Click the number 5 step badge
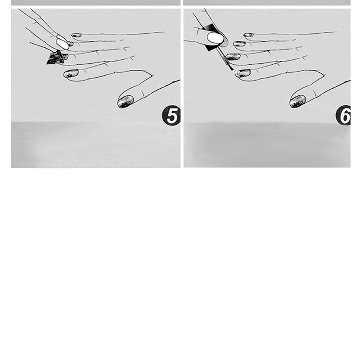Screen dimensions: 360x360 (171, 115)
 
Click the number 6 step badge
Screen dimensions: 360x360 (343, 115)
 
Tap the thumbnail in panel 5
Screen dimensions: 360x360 (126, 102)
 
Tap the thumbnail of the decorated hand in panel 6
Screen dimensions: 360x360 (297, 101)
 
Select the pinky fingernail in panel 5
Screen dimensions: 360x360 (76, 36)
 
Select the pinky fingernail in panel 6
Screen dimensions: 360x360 (249, 35)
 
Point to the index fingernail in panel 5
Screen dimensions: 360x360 (71, 73)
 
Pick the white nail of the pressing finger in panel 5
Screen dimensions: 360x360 (63, 44)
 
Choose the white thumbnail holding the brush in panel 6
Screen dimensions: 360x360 (215, 38)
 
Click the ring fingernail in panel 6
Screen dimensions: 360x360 (239, 44)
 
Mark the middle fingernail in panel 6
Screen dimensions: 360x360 (233, 57)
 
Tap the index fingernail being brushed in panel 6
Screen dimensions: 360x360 (243, 73)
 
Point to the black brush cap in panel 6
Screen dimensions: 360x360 (211, 37)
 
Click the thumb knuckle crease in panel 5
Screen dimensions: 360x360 (143, 94)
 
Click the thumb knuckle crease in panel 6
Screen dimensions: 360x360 (315, 94)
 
